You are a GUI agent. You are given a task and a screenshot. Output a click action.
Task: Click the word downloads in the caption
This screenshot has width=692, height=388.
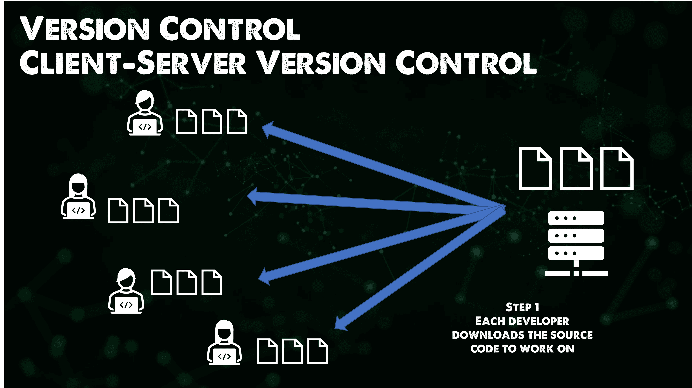coord(488,335)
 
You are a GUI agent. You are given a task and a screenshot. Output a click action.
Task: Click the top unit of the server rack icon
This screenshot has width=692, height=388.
coord(576,218)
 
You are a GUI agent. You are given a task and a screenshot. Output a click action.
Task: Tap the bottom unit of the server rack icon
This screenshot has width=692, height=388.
coord(576,253)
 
